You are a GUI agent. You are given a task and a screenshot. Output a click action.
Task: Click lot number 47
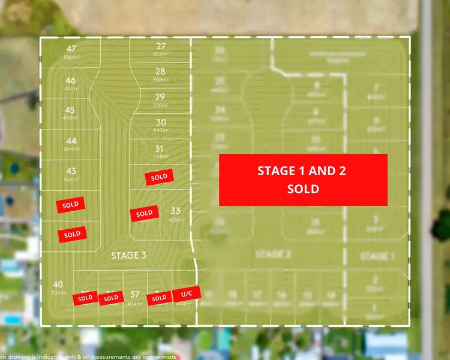coord(71,49)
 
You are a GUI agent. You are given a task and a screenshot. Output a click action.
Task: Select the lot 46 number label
coord(71,80)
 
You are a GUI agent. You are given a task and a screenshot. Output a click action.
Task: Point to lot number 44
coord(71,140)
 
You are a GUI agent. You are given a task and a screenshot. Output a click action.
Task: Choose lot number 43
coord(71,171)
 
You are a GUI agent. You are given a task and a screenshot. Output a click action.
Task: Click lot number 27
coord(161,46)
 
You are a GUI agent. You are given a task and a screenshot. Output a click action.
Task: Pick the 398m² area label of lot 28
coord(160,79)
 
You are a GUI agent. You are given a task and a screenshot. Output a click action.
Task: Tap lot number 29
coord(160,97)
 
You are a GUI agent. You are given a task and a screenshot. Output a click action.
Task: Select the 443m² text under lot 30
coord(160,130)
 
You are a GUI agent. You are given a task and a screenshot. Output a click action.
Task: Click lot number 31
coord(160,149)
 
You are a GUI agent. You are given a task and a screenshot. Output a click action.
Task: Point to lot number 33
coord(175,211)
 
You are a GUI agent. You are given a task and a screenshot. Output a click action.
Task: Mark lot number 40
coord(58,284)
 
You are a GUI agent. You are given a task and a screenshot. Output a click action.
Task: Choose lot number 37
coord(134,295)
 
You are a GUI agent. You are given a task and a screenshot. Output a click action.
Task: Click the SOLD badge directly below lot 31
coord(159,177)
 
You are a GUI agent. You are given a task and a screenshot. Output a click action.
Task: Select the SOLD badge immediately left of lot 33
coord(144,214)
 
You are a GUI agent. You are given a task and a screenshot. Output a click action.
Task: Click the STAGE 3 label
coord(128,256)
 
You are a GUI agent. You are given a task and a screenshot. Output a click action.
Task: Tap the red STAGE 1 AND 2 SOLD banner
coord(302,179)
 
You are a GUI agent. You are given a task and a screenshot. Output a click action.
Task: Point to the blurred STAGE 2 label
coord(273,254)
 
